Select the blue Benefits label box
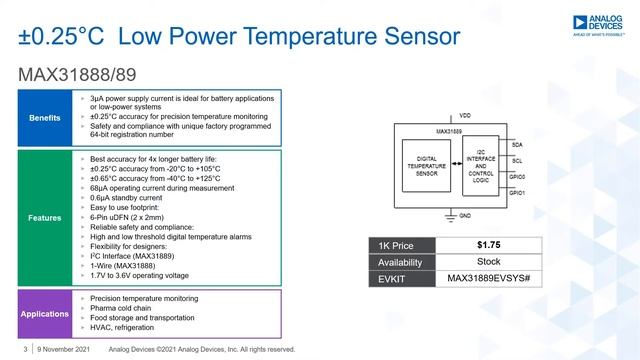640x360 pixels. coord(44,117)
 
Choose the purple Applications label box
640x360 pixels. coord(44,313)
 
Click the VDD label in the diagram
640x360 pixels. coord(466,116)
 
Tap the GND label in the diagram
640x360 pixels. coord(466,215)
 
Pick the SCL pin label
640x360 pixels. coord(517,160)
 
